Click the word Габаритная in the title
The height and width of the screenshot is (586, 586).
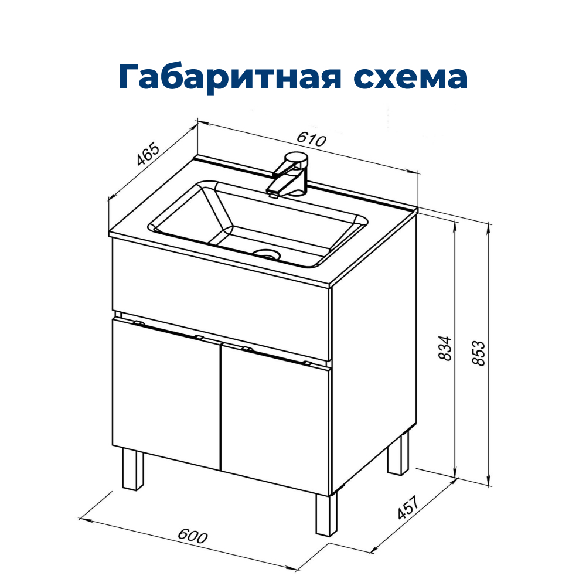[226, 77]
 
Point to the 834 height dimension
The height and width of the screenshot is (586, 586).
[445, 348]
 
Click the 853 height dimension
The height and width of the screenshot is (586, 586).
[479, 353]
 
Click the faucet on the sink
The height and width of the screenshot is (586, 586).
[290, 174]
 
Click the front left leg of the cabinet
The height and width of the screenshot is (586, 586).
[132, 469]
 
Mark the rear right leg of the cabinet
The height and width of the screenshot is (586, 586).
[398, 454]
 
